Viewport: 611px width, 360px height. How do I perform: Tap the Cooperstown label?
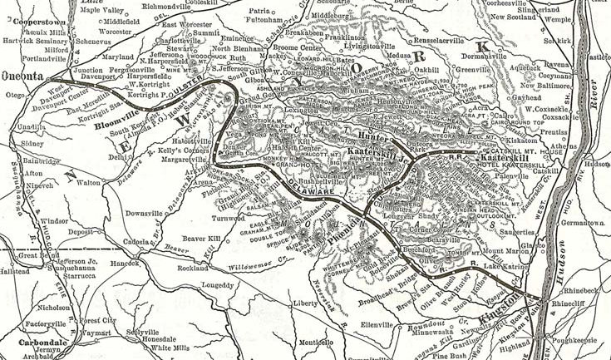(31, 17)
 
